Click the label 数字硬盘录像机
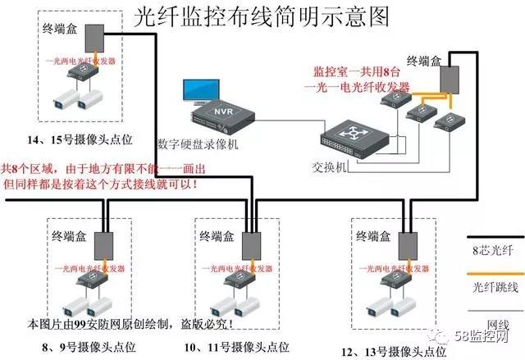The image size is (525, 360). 198,144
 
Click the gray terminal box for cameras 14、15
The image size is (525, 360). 94,38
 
